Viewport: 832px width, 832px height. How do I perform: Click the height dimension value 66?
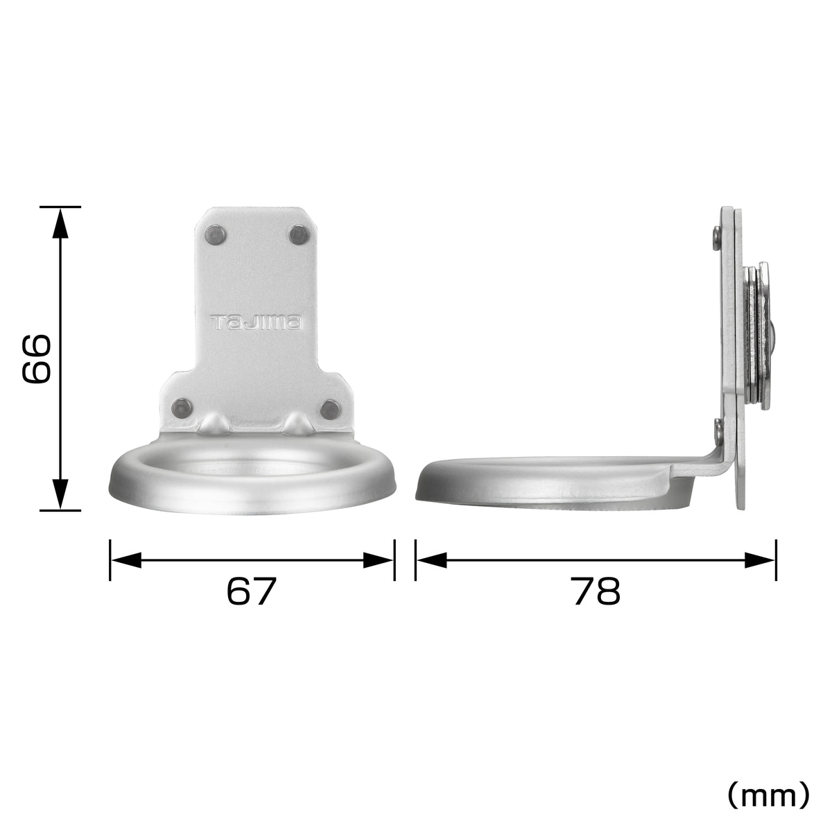coord(37,359)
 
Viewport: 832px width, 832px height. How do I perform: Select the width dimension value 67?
coord(251,592)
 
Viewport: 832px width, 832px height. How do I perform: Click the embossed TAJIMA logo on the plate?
coord(256,322)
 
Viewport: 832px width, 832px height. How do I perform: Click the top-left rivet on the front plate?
coord(215,235)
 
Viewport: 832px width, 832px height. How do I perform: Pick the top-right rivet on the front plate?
coord(299,235)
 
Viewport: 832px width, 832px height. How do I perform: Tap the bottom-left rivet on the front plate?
coord(182,407)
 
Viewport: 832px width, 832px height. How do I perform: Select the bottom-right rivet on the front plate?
coord(330,408)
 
